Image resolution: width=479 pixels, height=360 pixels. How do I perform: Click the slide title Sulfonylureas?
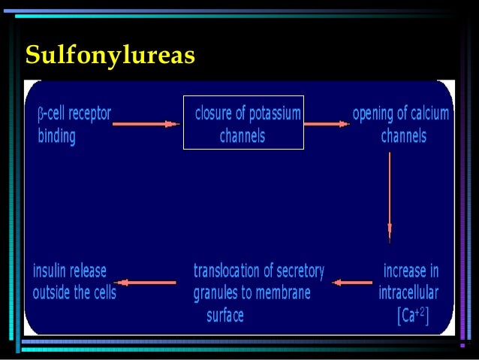click(110, 55)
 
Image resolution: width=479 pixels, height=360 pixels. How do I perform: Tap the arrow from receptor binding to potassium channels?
click(146, 124)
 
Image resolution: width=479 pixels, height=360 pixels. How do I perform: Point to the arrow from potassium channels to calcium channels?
click(327, 124)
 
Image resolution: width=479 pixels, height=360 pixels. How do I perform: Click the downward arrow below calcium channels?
click(389, 195)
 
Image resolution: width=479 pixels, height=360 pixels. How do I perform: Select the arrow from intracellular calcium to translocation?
click(352, 283)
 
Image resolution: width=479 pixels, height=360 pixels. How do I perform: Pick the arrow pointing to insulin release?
click(148, 283)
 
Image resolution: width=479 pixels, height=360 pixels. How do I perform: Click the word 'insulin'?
click(52, 271)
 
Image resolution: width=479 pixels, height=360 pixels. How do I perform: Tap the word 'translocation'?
click(230, 271)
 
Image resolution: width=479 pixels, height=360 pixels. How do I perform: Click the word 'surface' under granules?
click(225, 316)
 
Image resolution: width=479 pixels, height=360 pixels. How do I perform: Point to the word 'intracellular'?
click(408, 293)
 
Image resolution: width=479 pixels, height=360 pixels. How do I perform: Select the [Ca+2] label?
click(413, 316)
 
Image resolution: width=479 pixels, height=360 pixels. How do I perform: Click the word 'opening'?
click(375, 114)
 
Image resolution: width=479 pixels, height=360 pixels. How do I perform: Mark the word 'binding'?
click(56, 138)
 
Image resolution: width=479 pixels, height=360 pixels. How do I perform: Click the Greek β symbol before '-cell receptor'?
click(41, 115)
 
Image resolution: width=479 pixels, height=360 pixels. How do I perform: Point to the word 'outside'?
click(51, 293)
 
